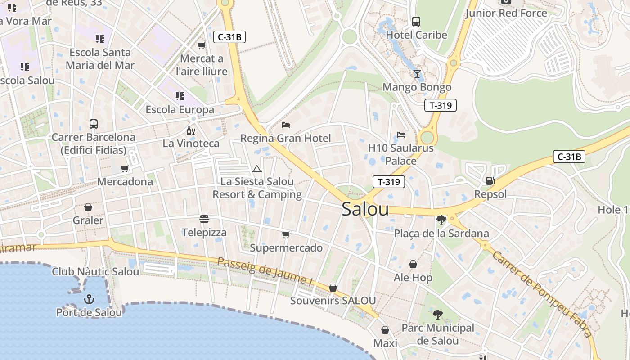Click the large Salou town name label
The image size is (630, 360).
365,209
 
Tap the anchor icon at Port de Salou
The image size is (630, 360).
89,299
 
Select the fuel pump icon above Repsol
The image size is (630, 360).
490,180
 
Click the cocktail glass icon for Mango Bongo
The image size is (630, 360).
417,73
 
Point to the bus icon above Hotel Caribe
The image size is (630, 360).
416,21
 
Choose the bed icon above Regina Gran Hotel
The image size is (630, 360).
285,125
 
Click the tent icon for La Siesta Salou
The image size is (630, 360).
257,169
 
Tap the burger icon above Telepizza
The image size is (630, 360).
204,219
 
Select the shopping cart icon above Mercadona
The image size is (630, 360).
125,168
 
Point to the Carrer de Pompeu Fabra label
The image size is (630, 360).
542,294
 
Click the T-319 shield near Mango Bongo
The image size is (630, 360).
441,105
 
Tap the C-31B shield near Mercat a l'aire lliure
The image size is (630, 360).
229,37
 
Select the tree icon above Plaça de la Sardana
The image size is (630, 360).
441,220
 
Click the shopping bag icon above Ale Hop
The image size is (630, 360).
413,264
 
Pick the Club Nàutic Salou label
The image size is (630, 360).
95,271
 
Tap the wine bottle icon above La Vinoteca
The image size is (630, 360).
191,130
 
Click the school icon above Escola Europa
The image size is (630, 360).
180,96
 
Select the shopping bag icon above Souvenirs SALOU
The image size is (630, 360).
333,287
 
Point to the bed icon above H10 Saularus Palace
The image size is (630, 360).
400,135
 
